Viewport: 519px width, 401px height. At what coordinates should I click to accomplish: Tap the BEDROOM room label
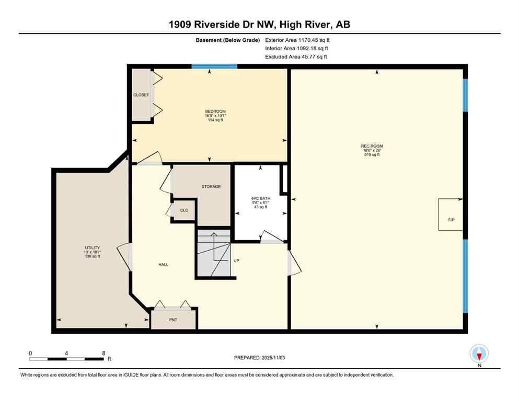215,111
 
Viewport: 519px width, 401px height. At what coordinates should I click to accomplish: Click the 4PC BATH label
259,198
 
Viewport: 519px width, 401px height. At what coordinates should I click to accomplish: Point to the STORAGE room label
211,186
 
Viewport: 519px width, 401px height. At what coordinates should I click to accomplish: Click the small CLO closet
184,210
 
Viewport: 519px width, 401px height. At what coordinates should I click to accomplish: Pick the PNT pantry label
174,319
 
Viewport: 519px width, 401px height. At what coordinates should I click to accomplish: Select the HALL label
163,265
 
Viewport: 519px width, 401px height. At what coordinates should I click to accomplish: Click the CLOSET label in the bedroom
141,95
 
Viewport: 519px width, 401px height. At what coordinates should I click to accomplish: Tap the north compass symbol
479,354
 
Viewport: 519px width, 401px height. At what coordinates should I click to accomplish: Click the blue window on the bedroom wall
214,66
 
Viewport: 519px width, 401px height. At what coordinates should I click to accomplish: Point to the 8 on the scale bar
103,353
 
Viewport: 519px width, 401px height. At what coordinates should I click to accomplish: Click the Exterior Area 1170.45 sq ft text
297,39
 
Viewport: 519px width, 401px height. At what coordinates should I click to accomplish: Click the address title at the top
259,25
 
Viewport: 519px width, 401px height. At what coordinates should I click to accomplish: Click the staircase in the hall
213,254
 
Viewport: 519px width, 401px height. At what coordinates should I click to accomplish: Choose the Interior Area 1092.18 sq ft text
296,48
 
